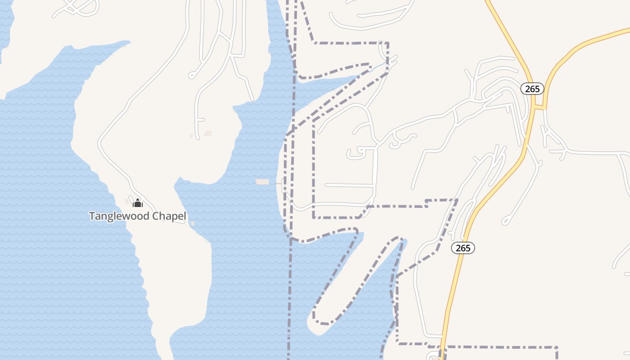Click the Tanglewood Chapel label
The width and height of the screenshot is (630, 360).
pyautogui.click(x=137, y=216)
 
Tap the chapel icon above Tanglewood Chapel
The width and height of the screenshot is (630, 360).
pyautogui.click(x=138, y=203)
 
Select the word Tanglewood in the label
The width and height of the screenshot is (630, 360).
pyautogui.click(x=118, y=216)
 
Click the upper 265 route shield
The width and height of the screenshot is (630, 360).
pyautogui.click(x=532, y=89)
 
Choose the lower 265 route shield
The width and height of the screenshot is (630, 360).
pyautogui.click(x=463, y=248)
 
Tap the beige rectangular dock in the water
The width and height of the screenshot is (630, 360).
pyautogui.click(x=262, y=182)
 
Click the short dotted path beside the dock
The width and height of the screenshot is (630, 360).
pyautogui.click(x=276, y=183)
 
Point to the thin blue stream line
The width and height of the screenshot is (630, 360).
pyautogui.click(x=378, y=67)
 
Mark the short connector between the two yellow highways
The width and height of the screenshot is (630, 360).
pyautogui.click(x=539, y=107)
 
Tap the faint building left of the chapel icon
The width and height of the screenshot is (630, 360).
pyautogui.click(x=127, y=201)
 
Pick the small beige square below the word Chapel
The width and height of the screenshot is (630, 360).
pyautogui.click(x=193, y=223)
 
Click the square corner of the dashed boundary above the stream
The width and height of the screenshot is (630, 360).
pyautogui.click(x=387, y=44)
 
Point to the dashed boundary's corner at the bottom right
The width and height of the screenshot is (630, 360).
pyautogui.click(x=557, y=347)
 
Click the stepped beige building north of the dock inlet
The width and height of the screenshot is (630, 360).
pyautogui.click(x=208, y=133)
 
